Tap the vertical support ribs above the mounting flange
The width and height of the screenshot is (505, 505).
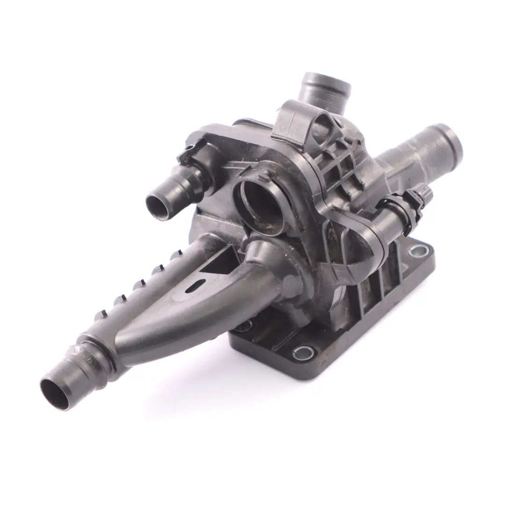(x=374, y=285)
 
